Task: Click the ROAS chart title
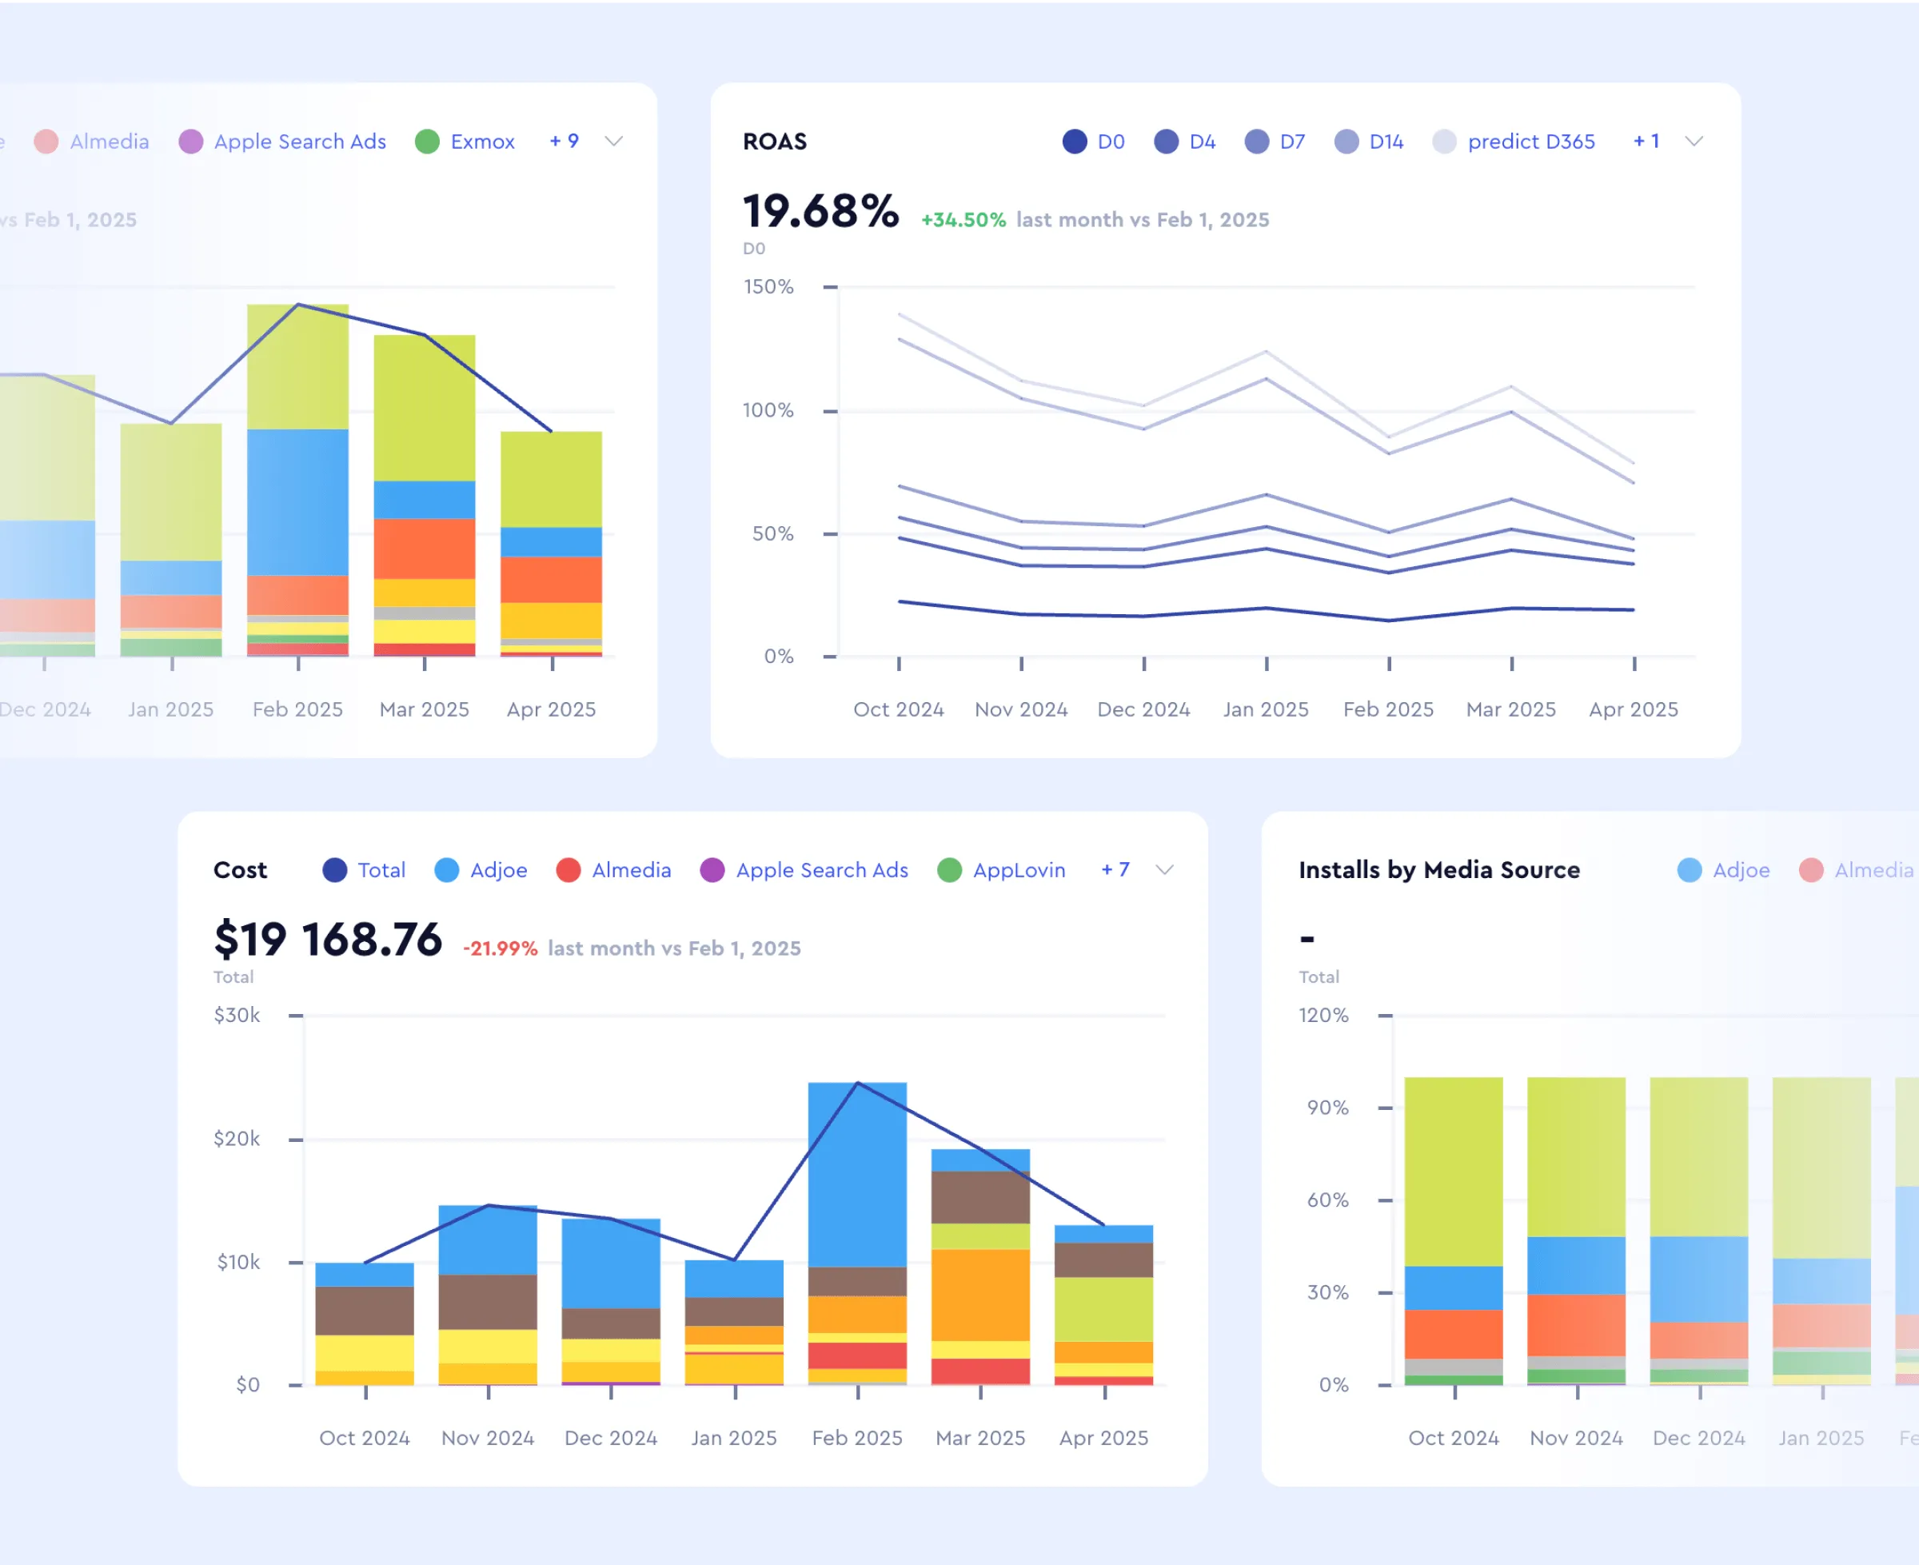point(774,142)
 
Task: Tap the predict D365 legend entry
point(1514,142)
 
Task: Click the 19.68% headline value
point(820,212)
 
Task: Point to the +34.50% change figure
point(963,220)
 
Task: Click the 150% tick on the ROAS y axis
point(768,286)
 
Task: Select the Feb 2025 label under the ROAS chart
point(1388,709)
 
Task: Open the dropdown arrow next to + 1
point(1694,142)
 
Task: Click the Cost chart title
point(240,870)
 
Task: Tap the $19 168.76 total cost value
point(328,940)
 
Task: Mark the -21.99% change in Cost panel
point(501,948)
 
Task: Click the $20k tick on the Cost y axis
point(237,1139)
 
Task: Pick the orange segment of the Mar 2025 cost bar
point(980,1294)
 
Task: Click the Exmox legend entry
point(465,142)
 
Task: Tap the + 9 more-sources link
point(565,142)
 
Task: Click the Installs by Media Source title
point(1438,870)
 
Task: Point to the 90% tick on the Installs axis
point(1327,1107)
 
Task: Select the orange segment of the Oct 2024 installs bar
point(1453,1333)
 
